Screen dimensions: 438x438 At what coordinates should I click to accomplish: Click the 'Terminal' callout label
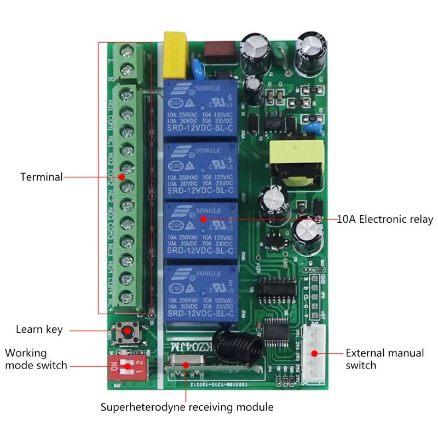(41, 177)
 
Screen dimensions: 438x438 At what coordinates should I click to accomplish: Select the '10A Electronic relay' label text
(384, 220)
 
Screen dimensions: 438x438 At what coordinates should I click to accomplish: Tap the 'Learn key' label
(39, 330)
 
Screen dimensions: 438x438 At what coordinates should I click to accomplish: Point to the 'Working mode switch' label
(36, 359)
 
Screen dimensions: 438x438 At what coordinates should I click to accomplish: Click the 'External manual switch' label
(384, 359)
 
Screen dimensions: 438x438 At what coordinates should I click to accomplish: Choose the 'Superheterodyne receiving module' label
(187, 407)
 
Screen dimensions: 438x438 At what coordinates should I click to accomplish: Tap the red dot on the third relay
(203, 219)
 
